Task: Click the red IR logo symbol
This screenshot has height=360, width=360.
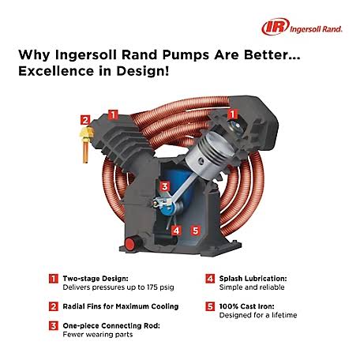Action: point(271,27)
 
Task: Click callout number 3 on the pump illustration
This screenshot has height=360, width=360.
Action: point(164,186)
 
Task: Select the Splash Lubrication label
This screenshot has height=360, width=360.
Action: point(252,278)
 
